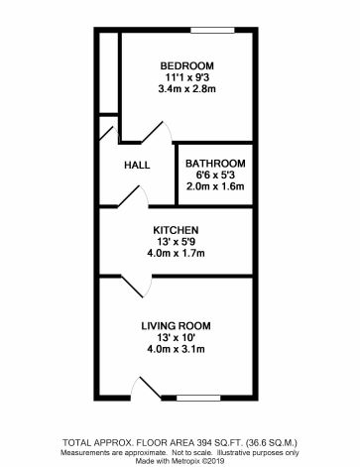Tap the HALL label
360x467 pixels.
pos(136,166)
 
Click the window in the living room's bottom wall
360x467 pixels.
pos(197,398)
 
